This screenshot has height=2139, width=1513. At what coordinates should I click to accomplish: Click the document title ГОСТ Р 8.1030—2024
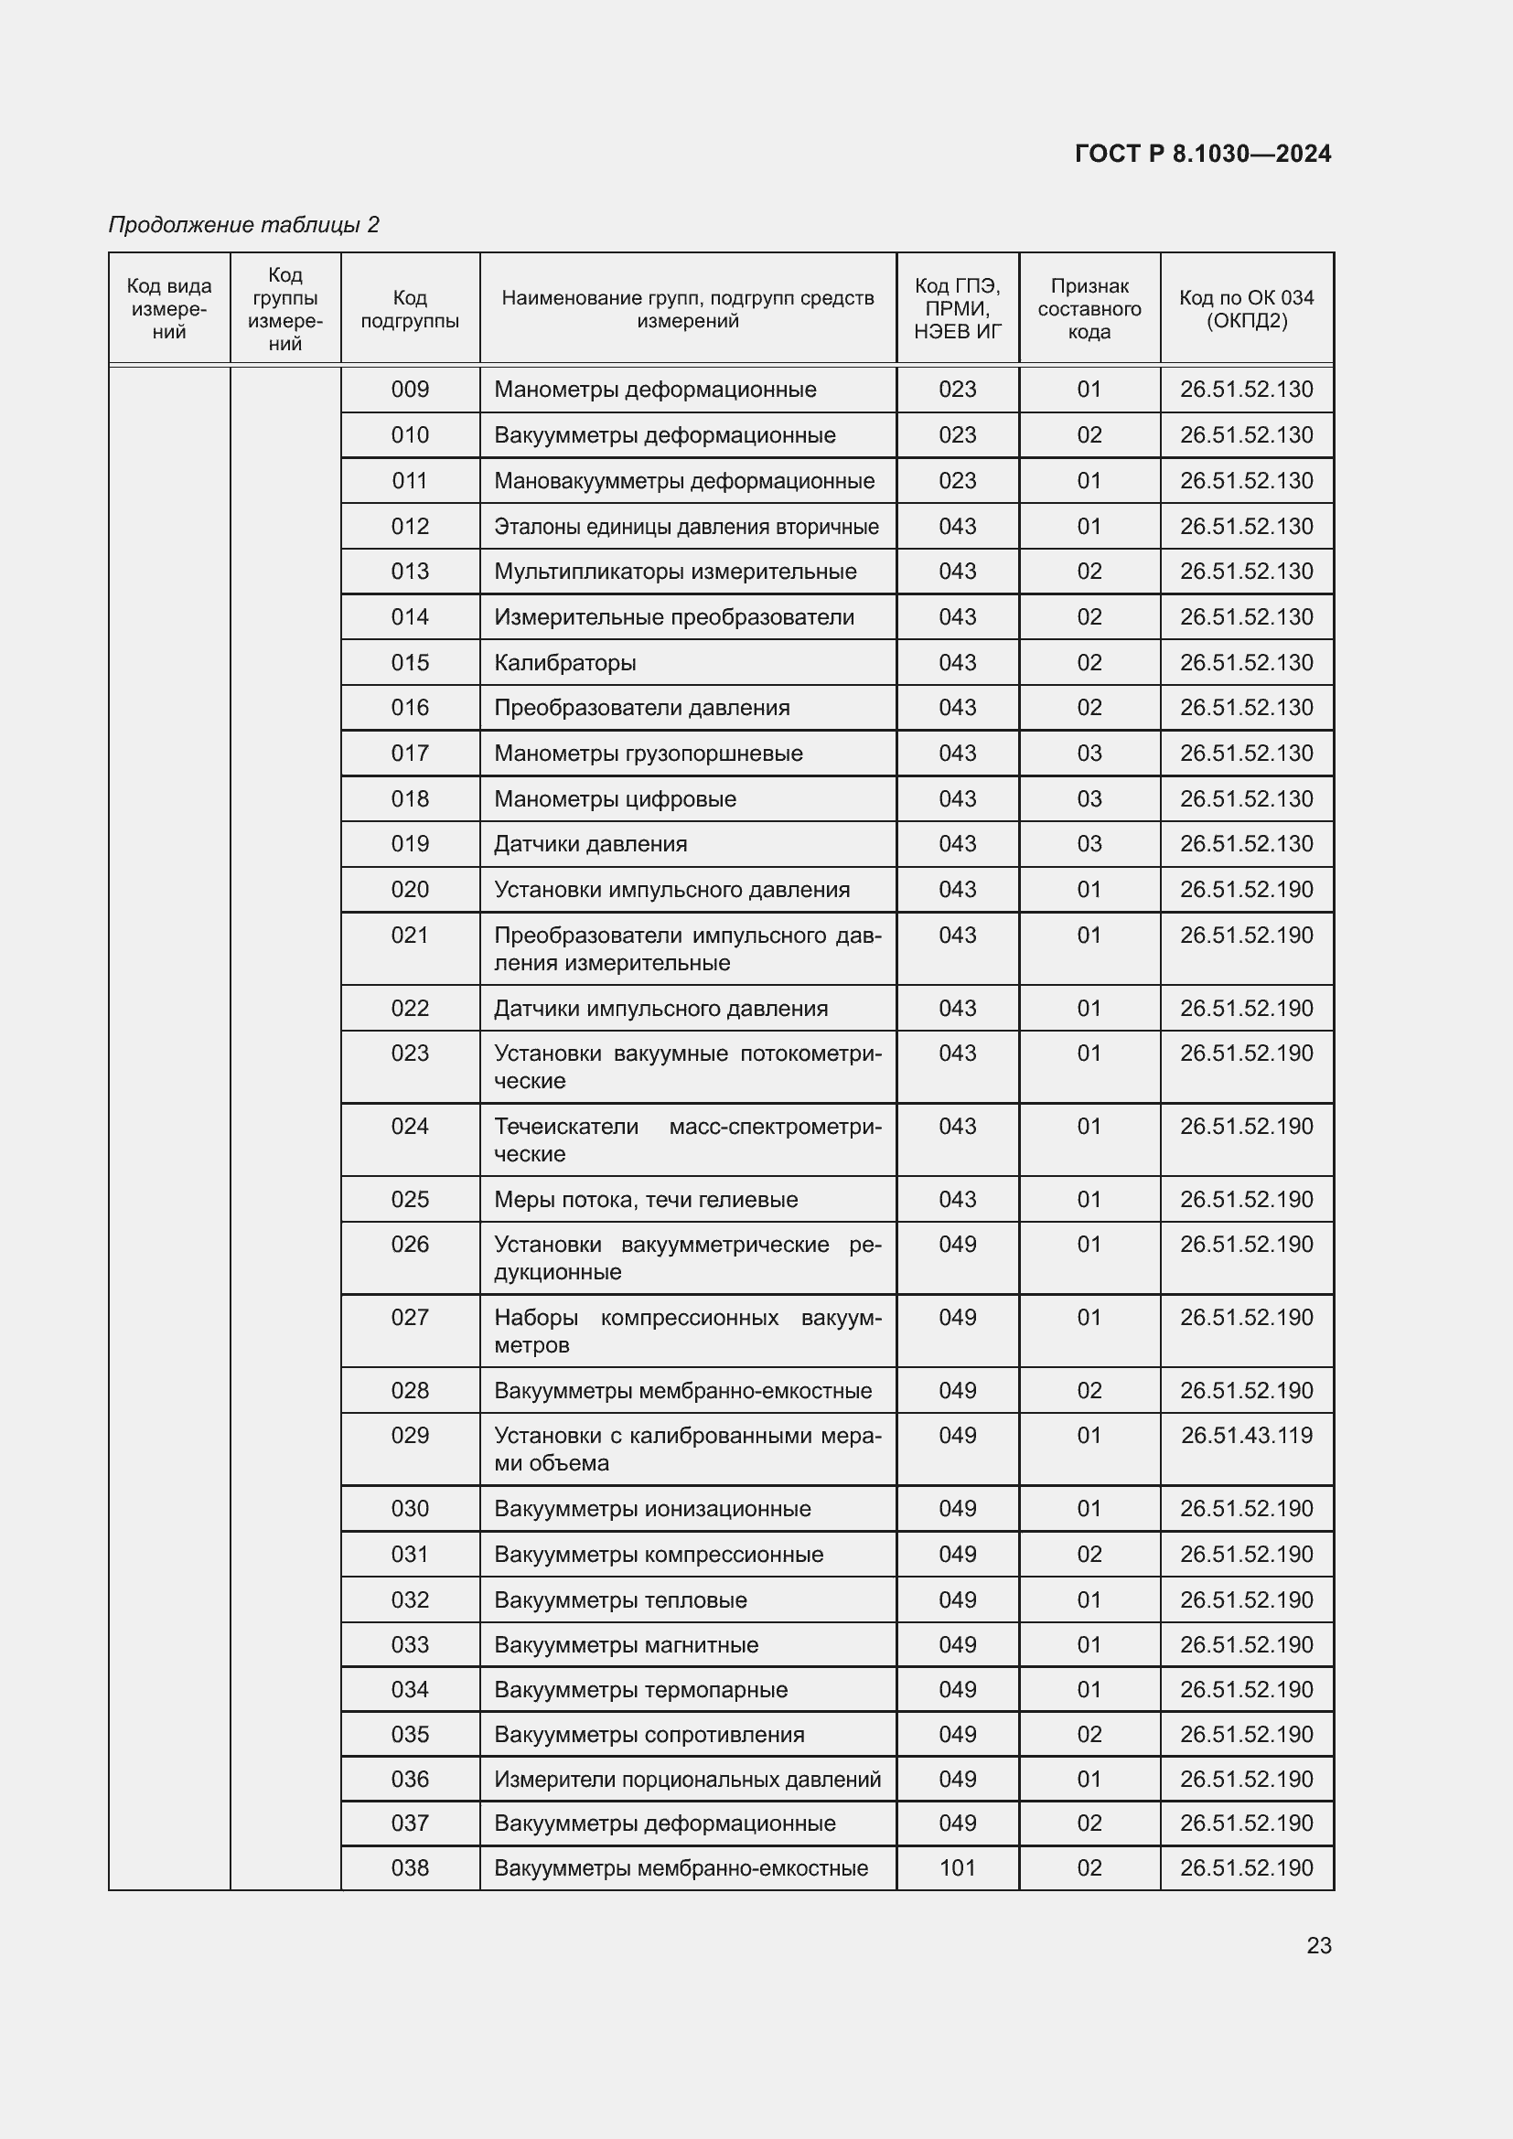[1202, 154]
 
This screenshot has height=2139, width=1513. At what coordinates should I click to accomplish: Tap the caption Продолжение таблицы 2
[244, 225]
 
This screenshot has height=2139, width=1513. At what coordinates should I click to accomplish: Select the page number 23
[1318, 1945]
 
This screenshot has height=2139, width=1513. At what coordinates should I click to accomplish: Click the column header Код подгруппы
[410, 309]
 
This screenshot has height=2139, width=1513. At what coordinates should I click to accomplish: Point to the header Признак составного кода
[1089, 309]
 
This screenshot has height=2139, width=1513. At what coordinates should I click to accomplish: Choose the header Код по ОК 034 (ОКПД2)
[1246, 309]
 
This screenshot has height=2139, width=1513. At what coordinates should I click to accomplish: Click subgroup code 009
[410, 390]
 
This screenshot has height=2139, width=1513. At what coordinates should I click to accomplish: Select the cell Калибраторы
[564, 662]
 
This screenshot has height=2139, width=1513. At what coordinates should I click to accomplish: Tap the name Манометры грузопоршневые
[648, 753]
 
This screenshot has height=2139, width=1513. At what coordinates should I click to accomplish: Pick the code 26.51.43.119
[1246, 1435]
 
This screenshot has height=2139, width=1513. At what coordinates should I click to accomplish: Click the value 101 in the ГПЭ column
[957, 1868]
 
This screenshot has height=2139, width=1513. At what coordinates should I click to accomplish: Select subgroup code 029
[410, 1435]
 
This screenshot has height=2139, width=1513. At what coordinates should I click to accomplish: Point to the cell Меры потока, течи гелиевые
[646, 1199]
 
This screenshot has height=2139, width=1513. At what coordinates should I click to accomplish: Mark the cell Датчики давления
[590, 843]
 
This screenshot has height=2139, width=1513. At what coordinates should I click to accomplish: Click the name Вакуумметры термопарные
[640, 1689]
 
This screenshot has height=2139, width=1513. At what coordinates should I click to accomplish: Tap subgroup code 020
[410, 889]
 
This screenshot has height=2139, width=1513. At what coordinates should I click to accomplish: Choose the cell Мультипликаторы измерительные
[674, 571]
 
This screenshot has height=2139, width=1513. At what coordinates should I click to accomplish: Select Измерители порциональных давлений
[687, 1779]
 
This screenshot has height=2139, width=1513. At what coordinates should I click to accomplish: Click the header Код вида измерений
[169, 309]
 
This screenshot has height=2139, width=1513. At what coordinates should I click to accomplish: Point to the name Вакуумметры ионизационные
[652, 1508]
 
